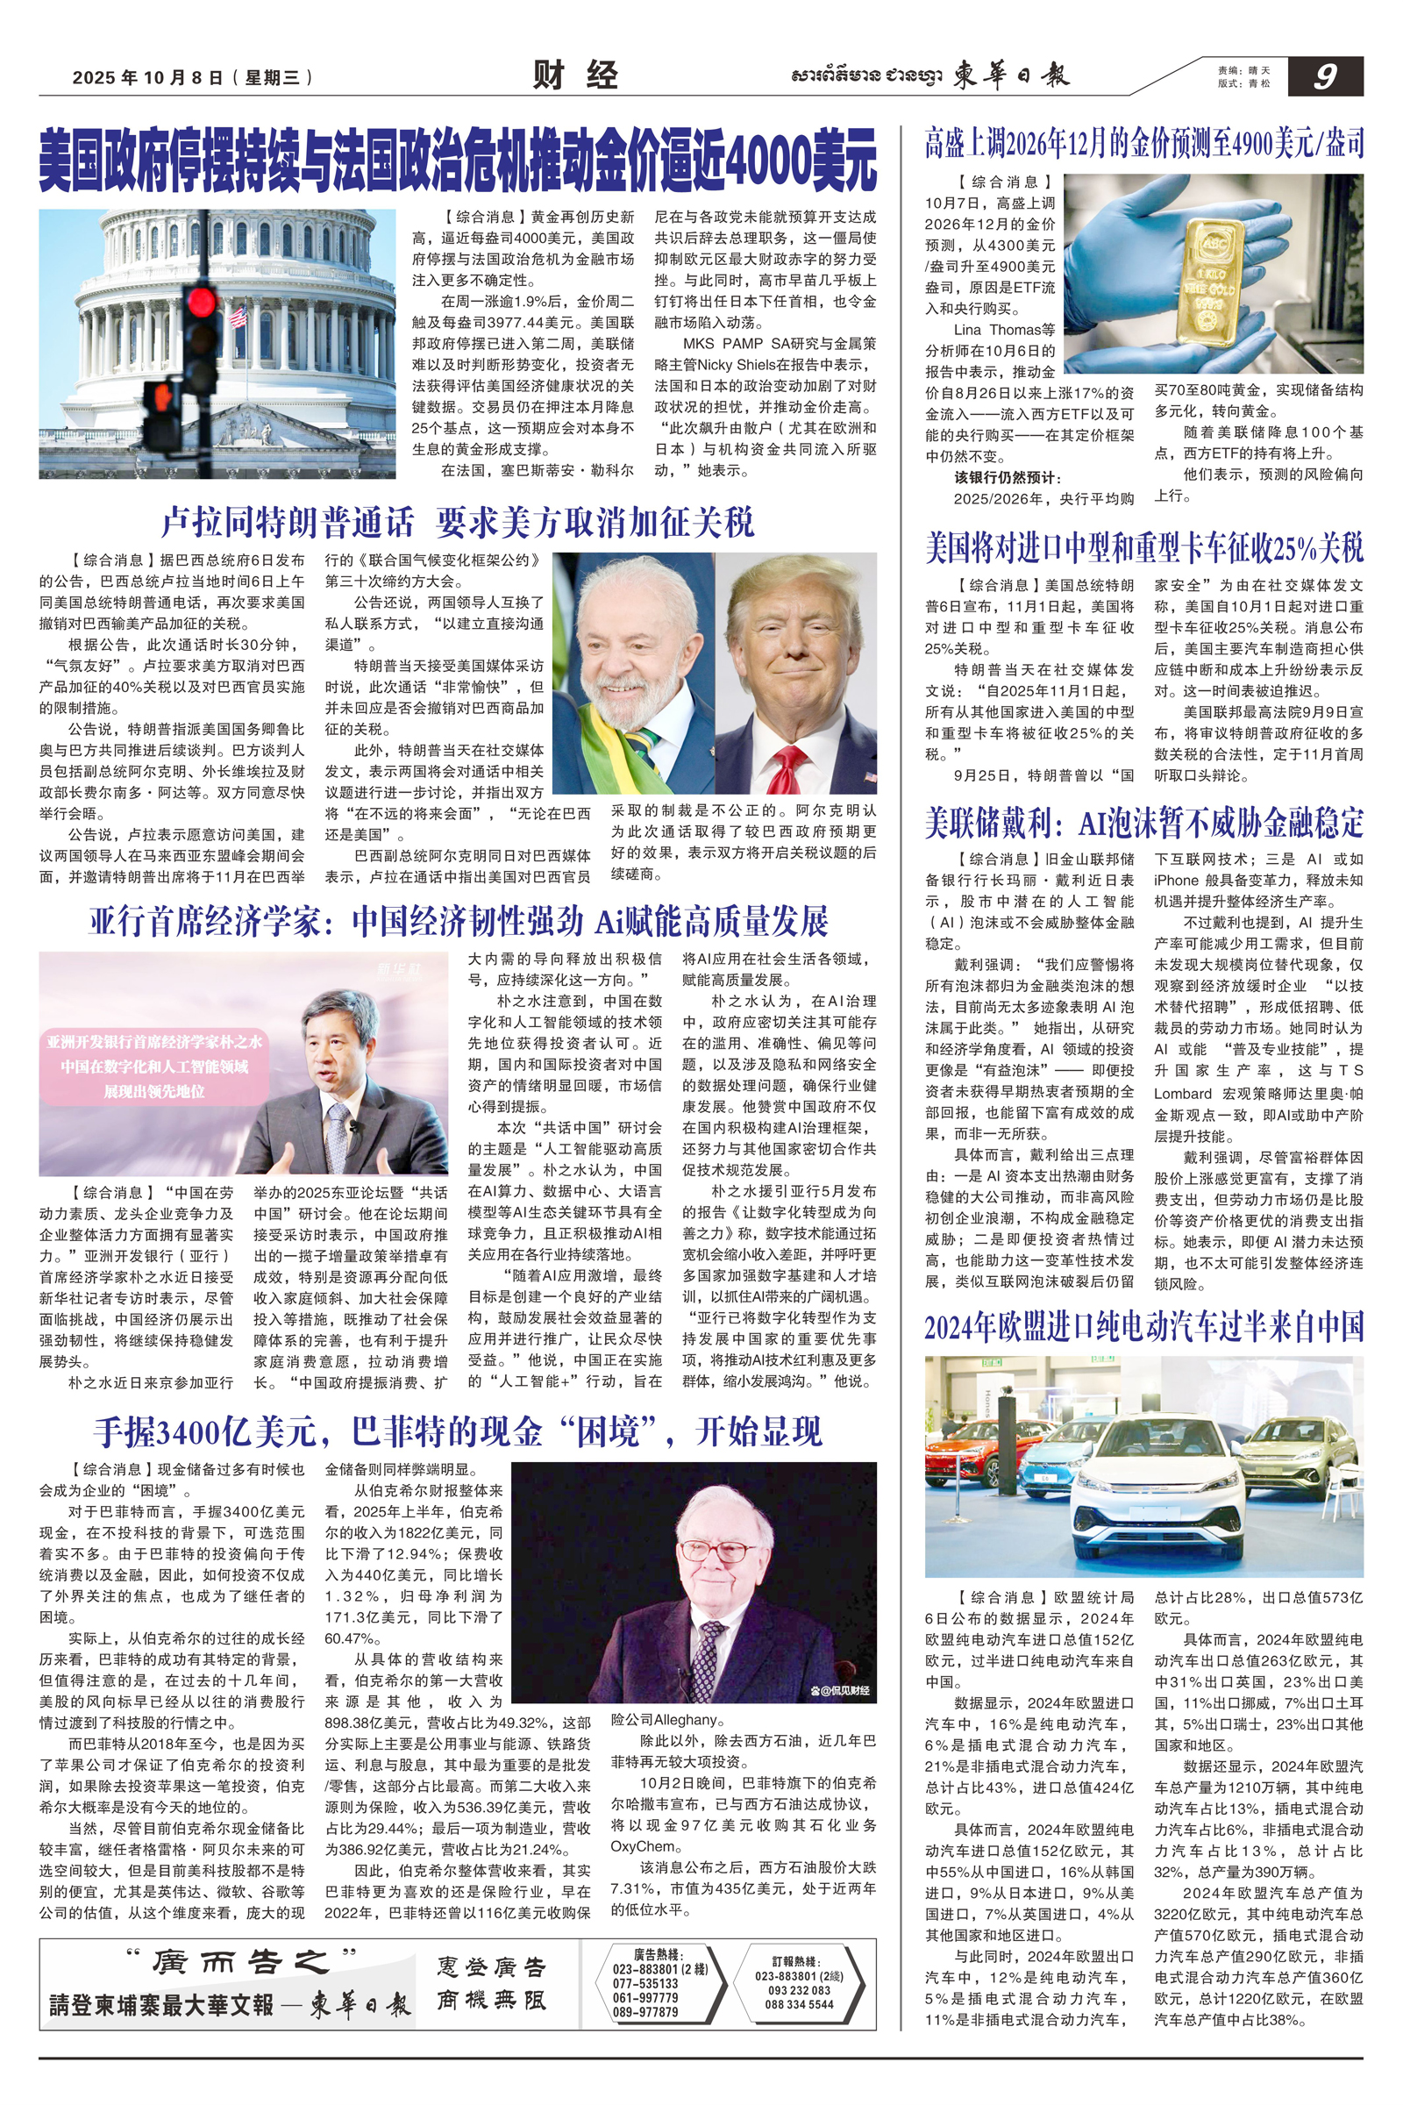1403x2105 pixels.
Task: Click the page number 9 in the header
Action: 1324,77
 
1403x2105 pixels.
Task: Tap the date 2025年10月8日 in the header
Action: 147,78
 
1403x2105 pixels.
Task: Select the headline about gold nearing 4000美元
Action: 457,160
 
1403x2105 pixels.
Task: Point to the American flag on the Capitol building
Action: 238,316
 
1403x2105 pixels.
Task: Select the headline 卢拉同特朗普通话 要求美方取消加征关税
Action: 457,523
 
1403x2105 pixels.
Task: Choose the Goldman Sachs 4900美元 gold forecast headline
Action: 1144,143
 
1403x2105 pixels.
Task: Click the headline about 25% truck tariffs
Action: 1144,547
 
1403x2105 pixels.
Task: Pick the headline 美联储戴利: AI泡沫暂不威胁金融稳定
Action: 1144,822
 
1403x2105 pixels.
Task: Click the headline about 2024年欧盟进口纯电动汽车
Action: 1144,1326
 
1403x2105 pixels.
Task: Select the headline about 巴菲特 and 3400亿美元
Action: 457,1432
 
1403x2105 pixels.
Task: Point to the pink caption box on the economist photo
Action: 154,1066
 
